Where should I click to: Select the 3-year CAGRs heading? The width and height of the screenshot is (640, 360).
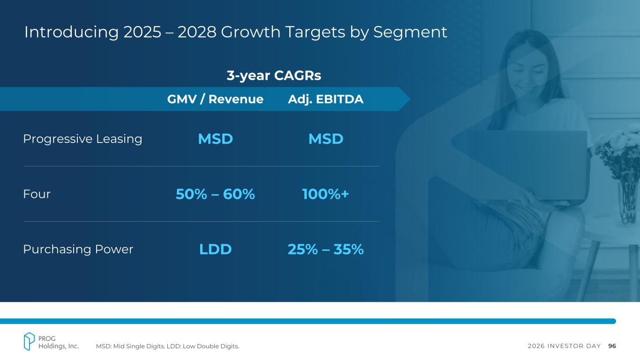[274, 75]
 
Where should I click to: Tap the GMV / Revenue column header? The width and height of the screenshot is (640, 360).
[215, 99]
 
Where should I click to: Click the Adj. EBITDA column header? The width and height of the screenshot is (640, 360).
[325, 99]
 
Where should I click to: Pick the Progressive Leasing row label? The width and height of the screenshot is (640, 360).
[83, 139]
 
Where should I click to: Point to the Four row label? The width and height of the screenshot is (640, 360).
[37, 194]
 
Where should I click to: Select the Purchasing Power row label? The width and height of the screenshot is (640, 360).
[78, 249]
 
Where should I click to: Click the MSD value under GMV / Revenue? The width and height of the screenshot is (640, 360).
[215, 139]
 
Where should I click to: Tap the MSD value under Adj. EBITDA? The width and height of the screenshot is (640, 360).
[326, 139]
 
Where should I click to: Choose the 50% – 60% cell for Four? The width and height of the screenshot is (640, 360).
[215, 194]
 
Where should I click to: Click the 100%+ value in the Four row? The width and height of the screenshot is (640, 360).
[326, 194]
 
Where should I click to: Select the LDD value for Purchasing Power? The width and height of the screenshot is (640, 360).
[215, 249]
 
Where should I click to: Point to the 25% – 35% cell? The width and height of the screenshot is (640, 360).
[326, 249]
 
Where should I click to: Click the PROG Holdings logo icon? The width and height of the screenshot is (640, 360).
[30, 341]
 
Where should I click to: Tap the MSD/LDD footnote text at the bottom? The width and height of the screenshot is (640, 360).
[167, 346]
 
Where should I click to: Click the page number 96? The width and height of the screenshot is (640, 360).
[612, 346]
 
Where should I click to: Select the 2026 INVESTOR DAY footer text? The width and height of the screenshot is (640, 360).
[564, 346]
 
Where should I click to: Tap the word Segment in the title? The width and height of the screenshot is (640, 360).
[410, 32]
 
